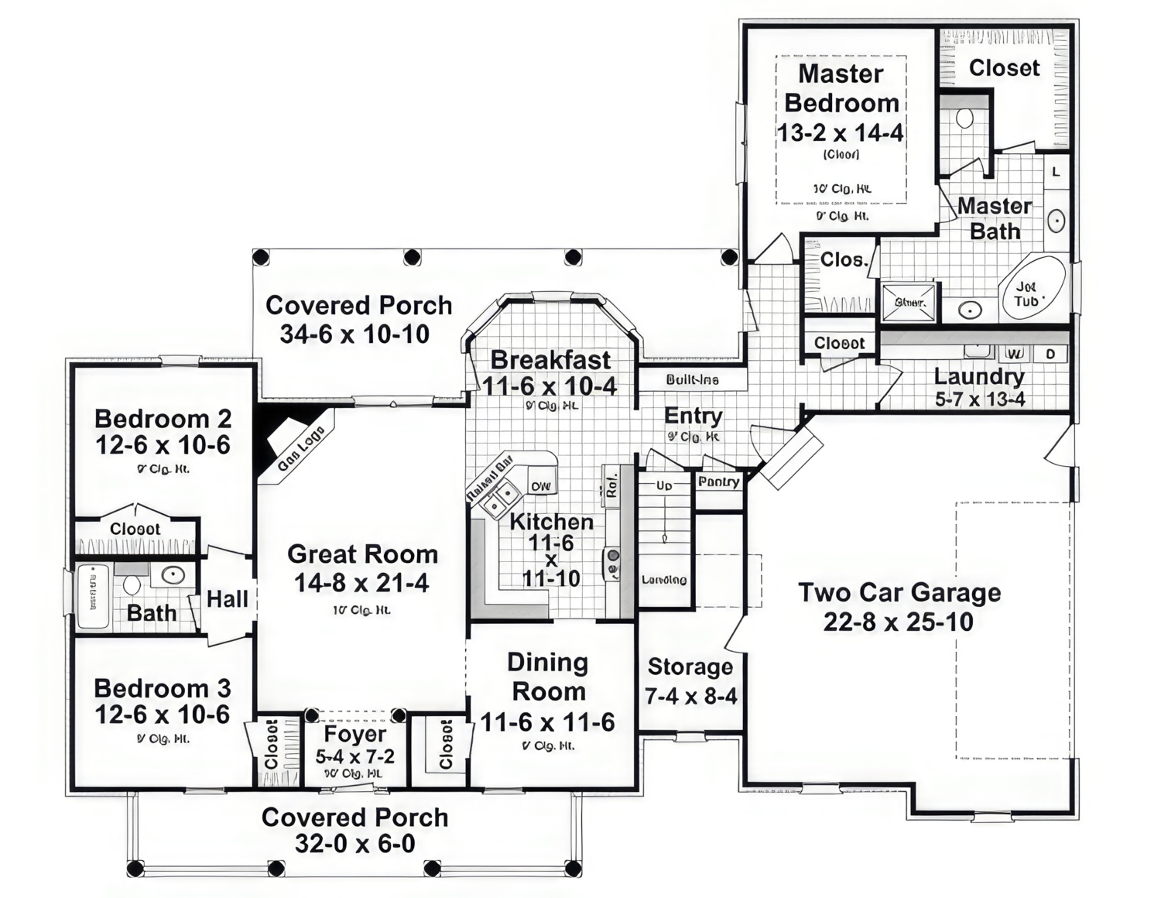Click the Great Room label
pyautogui.click(x=362, y=554)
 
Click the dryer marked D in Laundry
pyautogui.click(x=1050, y=354)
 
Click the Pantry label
pyautogui.click(x=718, y=482)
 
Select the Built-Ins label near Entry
pyautogui.click(x=692, y=380)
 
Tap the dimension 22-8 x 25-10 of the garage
pyautogui.click(x=898, y=622)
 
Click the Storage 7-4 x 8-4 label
pyautogui.click(x=690, y=681)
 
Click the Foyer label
pyautogui.click(x=354, y=734)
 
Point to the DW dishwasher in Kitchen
pyautogui.click(x=541, y=486)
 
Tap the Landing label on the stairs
pyautogui.click(x=664, y=580)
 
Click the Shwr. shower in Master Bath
pyautogui.click(x=909, y=302)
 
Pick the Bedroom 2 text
pyautogui.click(x=163, y=419)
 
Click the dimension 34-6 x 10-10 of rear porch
pyautogui.click(x=354, y=334)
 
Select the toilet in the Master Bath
pyautogui.click(x=964, y=118)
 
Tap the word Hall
pyautogui.click(x=228, y=598)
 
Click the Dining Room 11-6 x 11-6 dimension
pyautogui.click(x=547, y=723)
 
